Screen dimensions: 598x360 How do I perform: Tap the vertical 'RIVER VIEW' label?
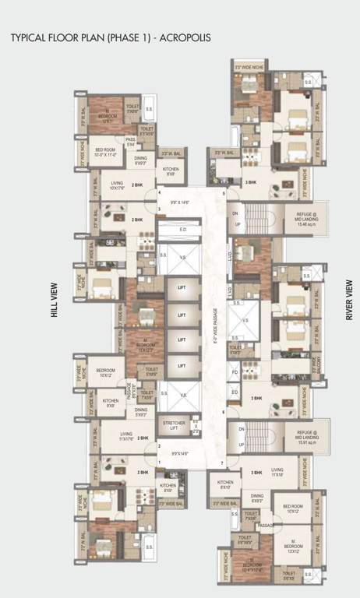(x=348, y=300)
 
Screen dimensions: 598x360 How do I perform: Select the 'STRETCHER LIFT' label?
(x=175, y=425)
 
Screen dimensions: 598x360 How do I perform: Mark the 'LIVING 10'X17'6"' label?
(x=118, y=186)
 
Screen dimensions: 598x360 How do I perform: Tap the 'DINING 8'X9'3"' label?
(x=141, y=162)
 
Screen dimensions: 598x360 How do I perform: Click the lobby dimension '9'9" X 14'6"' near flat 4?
(x=178, y=202)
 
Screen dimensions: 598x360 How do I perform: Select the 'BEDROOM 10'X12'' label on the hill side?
(x=105, y=373)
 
